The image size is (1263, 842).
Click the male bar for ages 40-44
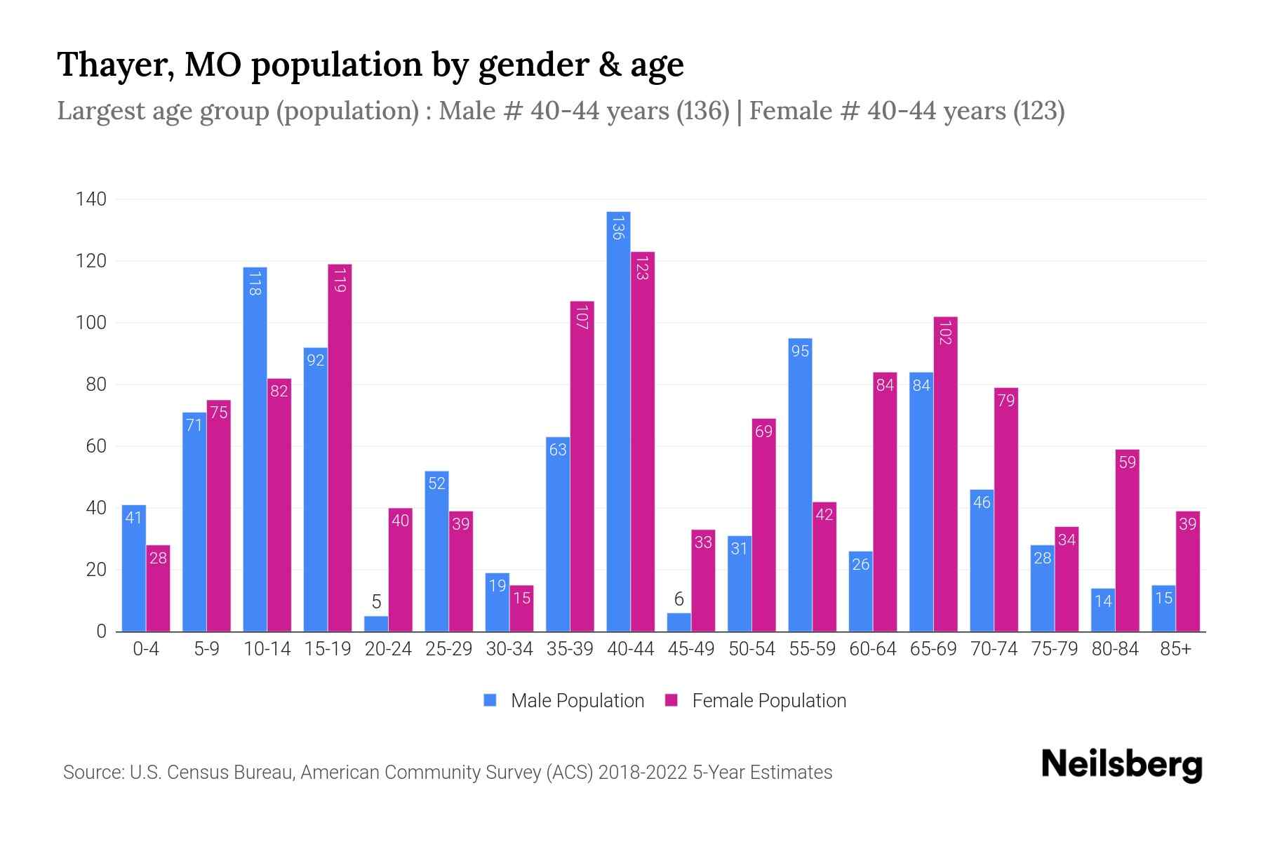point(618,421)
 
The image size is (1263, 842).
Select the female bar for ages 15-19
point(340,449)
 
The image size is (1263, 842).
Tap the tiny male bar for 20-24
point(376,624)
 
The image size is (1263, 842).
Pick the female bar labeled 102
point(945,474)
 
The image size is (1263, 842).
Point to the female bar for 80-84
point(1127,540)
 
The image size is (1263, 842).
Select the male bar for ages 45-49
point(679,622)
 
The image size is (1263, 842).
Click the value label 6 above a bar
point(679,599)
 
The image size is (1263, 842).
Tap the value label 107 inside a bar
point(582,316)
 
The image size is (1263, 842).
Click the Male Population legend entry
point(564,701)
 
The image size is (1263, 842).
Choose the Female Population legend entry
point(756,701)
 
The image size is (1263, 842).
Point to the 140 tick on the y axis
point(91,199)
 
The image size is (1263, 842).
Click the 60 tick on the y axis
point(96,446)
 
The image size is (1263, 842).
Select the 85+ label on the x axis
point(1175,649)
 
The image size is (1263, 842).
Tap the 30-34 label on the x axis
point(509,649)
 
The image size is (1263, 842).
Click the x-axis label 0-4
point(146,649)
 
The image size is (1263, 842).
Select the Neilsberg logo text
point(1121,765)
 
